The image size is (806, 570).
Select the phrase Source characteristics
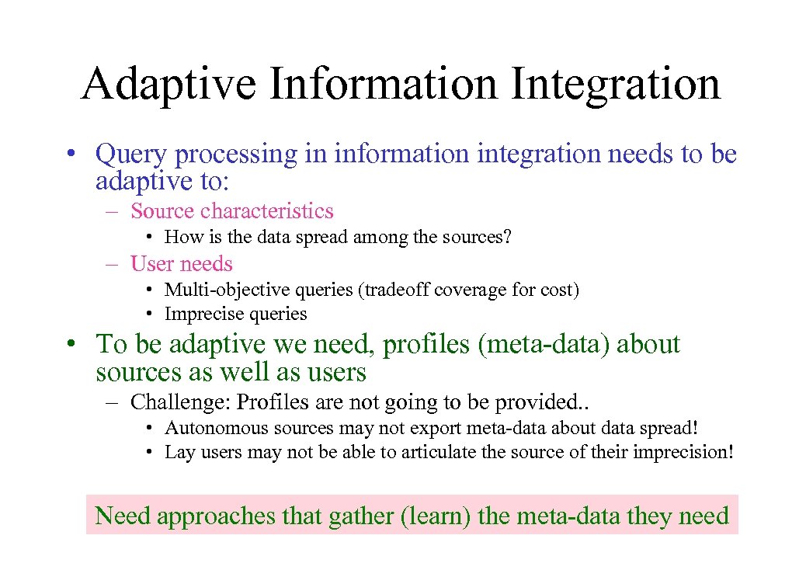click(x=232, y=211)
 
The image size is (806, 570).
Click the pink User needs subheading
click(x=182, y=264)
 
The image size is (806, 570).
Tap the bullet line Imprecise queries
click(x=235, y=315)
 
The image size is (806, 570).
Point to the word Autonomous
click(x=205, y=428)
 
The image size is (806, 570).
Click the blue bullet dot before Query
click(x=70, y=155)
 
